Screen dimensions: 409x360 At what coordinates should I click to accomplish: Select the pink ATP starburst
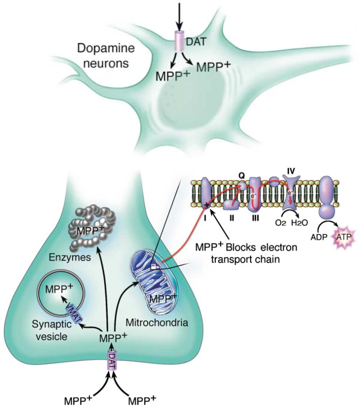tap(342, 236)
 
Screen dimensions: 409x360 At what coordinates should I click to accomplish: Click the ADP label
tap(319, 237)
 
